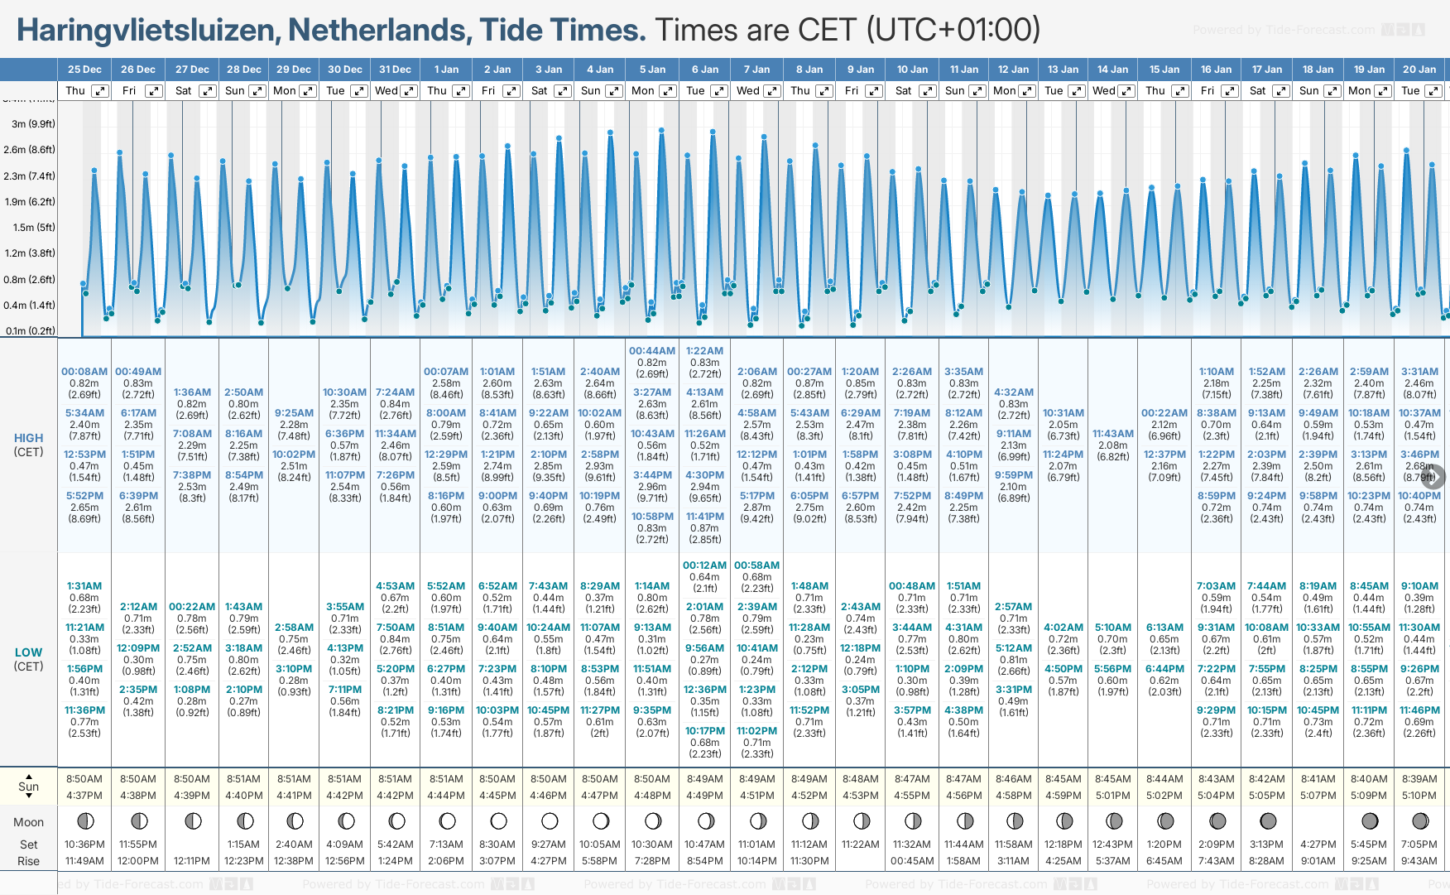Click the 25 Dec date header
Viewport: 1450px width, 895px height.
click(x=84, y=70)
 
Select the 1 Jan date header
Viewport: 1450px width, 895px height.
click(x=446, y=70)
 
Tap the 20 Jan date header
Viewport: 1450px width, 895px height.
click(x=1419, y=70)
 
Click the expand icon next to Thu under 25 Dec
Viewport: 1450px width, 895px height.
click(x=99, y=91)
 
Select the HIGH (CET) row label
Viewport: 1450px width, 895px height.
click(x=28, y=445)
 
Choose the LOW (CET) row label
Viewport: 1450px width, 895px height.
click(x=28, y=659)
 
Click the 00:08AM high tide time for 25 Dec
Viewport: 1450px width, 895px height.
click(x=84, y=372)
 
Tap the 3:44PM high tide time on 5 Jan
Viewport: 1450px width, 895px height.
click(x=652, y=475)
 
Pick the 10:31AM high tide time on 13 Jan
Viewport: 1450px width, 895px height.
click(x=1063, y=413)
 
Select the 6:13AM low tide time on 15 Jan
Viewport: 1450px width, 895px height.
click(x=1164, y=628)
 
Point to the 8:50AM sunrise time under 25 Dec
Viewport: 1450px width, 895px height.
click(x=84, y=779)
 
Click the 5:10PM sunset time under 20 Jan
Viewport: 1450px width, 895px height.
click(x=1419, y=796)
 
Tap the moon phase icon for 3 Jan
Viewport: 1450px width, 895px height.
click(x=550, y=821)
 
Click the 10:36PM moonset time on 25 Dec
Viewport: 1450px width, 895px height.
click(x=84, y=844)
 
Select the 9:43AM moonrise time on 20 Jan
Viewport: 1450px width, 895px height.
click(x=1419, y=861)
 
